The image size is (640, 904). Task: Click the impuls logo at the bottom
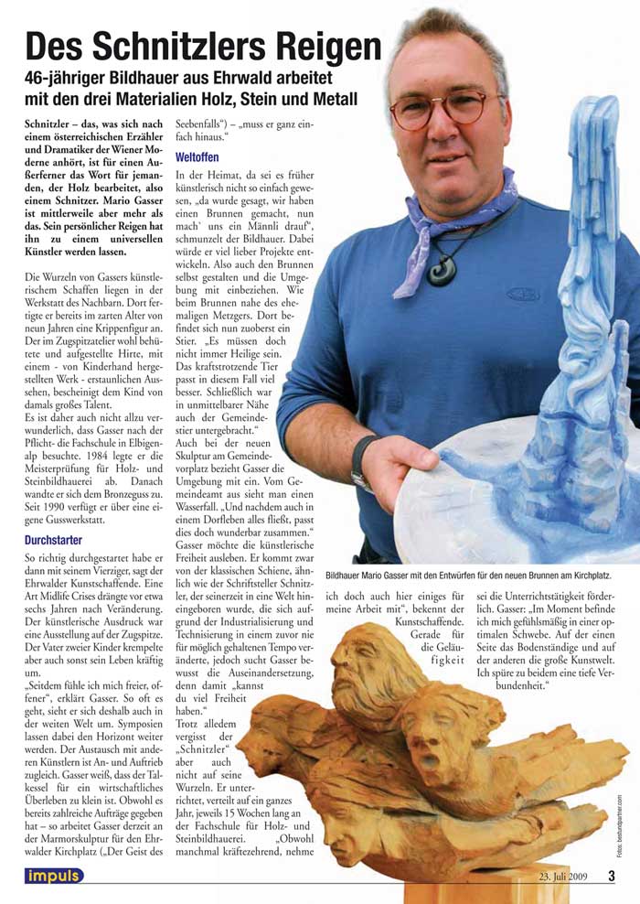click(54, 876)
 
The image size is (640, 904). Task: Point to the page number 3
click(612, 876)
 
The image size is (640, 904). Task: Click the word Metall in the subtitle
click(328, 98)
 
